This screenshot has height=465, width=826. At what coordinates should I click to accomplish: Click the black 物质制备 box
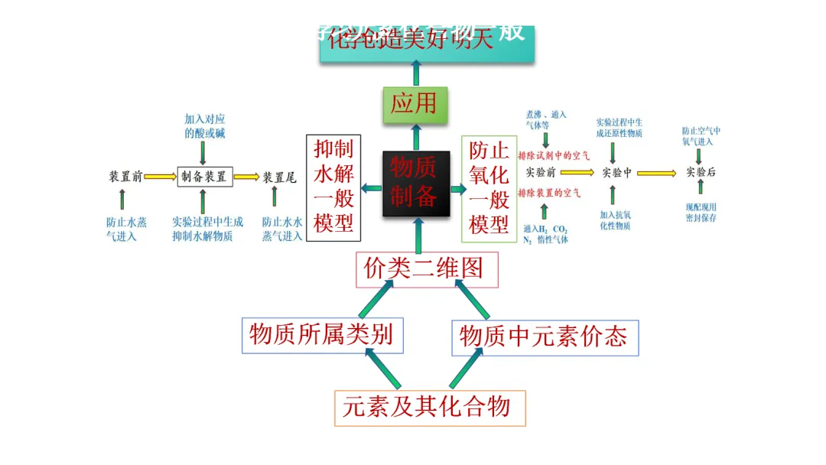(415, 184)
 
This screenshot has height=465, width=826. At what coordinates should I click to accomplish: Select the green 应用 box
(415, 105)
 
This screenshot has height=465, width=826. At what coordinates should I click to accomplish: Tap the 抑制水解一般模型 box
(333, 187)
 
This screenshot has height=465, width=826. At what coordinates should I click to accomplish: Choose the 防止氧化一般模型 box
(489, 188)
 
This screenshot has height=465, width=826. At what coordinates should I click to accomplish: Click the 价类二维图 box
(426, 269)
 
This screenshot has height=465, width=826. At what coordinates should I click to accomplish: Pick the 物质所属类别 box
(322, 335)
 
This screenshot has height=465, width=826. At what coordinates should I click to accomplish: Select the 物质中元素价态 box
(544, 337)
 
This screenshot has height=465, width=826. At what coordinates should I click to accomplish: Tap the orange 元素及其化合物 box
(430, 407)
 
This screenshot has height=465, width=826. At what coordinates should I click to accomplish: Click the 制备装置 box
(204, 177)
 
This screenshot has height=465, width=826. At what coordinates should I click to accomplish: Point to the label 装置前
(125, 177)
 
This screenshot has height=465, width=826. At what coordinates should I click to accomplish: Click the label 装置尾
(280, 177)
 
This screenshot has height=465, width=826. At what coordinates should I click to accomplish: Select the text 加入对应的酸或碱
(204, 126)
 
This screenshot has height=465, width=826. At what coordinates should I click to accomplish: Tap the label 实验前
(541, 173)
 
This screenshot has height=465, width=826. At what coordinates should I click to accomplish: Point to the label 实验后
(701, 173)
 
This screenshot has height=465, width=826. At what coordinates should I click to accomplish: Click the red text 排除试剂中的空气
(554, 155)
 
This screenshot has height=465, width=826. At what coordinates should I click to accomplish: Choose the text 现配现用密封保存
(701, 212)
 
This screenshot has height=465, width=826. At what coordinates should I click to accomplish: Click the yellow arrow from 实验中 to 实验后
(657, 174)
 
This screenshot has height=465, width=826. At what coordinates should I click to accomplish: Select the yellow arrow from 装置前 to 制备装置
(161, 177)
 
